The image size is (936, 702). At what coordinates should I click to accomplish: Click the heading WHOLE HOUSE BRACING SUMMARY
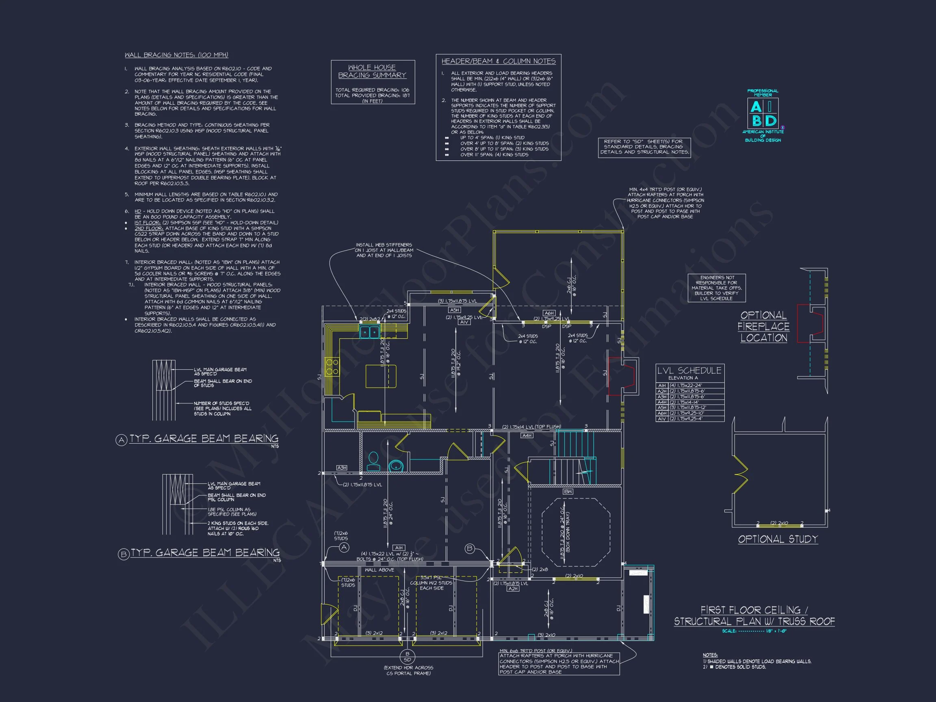372,71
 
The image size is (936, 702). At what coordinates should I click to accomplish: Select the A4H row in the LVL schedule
690,402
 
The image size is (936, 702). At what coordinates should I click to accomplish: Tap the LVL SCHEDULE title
689,370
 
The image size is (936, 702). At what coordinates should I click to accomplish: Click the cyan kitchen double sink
370,332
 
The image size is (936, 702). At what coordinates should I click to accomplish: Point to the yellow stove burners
331,366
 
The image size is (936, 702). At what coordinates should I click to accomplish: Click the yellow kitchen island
381,376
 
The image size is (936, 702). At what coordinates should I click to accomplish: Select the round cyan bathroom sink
396,466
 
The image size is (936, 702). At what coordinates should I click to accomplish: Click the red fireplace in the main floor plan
621,376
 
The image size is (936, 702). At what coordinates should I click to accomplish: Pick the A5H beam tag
455,310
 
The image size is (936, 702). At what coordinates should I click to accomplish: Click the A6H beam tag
549,313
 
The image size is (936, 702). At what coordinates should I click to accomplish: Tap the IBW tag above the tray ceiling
568,492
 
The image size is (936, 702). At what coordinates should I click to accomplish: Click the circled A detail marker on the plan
344,548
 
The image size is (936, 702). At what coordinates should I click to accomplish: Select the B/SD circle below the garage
407,657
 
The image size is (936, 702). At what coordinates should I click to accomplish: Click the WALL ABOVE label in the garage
379,570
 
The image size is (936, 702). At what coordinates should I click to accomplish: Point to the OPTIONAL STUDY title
778,539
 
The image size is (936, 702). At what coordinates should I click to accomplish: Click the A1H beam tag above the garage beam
399,548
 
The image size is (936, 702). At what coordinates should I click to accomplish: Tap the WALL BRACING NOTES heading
176,55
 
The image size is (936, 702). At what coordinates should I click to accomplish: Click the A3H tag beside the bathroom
342,468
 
